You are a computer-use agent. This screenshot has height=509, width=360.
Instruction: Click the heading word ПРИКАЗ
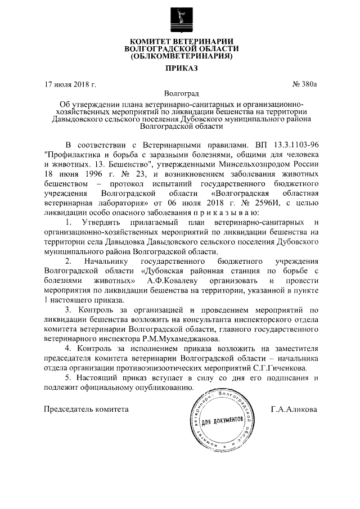pyautogui.click(x=181, y=69)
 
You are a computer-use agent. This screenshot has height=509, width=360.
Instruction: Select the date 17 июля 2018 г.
pyautogui.click(x=70, y=85)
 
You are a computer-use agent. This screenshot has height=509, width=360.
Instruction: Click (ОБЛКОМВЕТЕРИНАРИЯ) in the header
pyautogui.click(x=181, y=56)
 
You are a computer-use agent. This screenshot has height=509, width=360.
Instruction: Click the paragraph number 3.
pyautogui.click(x=67, y=311)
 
